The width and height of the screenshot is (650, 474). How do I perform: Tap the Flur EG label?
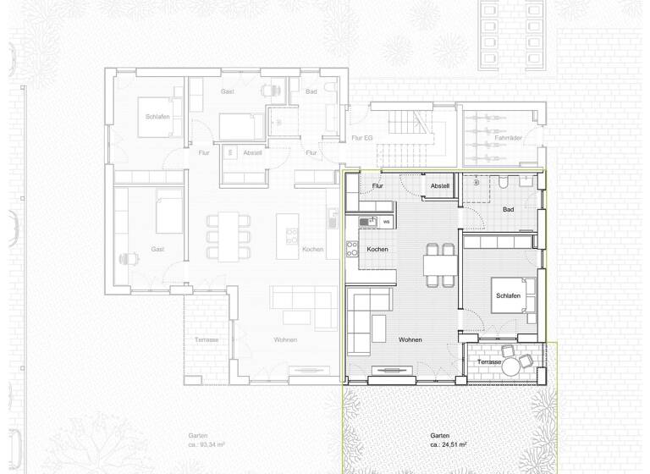click(361, 138)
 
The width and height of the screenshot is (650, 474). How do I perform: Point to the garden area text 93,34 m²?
click(208, 444)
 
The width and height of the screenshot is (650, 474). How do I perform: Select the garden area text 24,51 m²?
click(449, 444)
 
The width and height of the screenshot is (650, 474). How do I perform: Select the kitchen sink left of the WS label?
click(366, 223)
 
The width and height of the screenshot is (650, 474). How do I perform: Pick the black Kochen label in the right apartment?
click(377, 250)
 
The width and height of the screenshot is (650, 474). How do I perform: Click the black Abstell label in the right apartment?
click(439, 185)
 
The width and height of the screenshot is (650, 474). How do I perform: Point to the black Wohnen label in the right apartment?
click(409, 340)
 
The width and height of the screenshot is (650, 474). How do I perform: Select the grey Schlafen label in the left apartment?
click(157, 117)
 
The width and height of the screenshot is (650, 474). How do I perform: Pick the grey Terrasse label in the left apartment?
click(206, 339)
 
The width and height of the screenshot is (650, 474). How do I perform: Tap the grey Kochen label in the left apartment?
click(312, 250)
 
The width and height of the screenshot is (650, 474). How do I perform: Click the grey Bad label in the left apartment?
click(311, 91)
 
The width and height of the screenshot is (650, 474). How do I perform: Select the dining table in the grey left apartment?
click(229, 235)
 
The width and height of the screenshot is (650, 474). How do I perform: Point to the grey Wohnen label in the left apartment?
click(284, 340)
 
